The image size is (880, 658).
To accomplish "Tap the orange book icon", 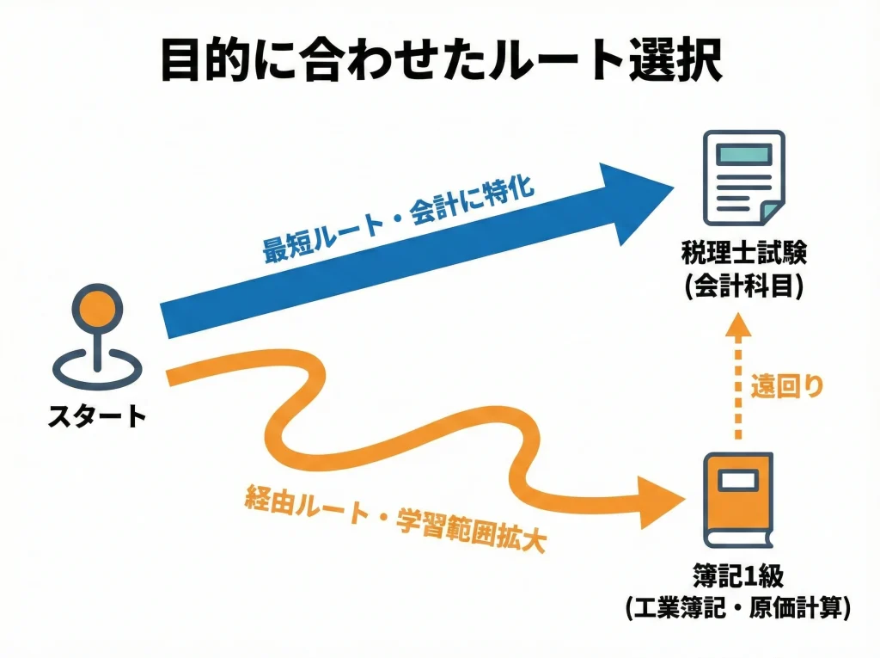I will [737, 499].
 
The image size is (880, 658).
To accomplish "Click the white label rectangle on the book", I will [738, 480].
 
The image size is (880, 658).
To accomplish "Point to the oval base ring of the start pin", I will [95, 368].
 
